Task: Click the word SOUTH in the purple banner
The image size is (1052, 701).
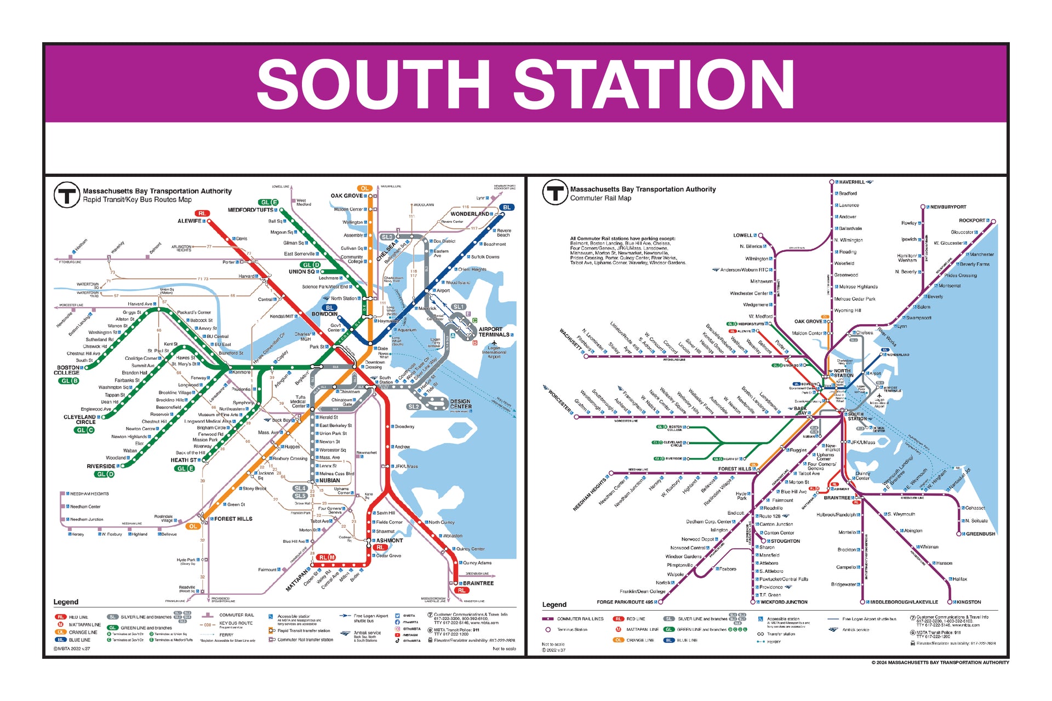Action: (373, 85)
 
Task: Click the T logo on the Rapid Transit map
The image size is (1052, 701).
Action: (66, 195)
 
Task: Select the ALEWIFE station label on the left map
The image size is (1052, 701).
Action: (189, 221)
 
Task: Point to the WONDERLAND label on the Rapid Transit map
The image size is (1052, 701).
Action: (470, 214)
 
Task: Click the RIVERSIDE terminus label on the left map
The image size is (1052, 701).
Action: (101, 467)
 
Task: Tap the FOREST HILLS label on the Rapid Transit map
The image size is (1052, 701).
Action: (233, 519)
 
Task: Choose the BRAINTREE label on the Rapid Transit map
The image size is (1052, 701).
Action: (478, 583)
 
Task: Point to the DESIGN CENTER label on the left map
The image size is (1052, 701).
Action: (460, 404)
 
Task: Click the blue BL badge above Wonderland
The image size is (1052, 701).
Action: (507, 208)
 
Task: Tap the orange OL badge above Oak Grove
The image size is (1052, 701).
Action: (364, 188)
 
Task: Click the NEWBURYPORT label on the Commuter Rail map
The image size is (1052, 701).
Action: (948, 207)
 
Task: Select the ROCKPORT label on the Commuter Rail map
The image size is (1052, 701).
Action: (971, 221)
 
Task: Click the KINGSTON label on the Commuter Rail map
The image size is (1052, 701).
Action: (969, 602)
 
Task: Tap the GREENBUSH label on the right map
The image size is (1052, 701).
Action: (980, 534)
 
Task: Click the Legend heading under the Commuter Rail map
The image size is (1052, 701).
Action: (554, 605)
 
